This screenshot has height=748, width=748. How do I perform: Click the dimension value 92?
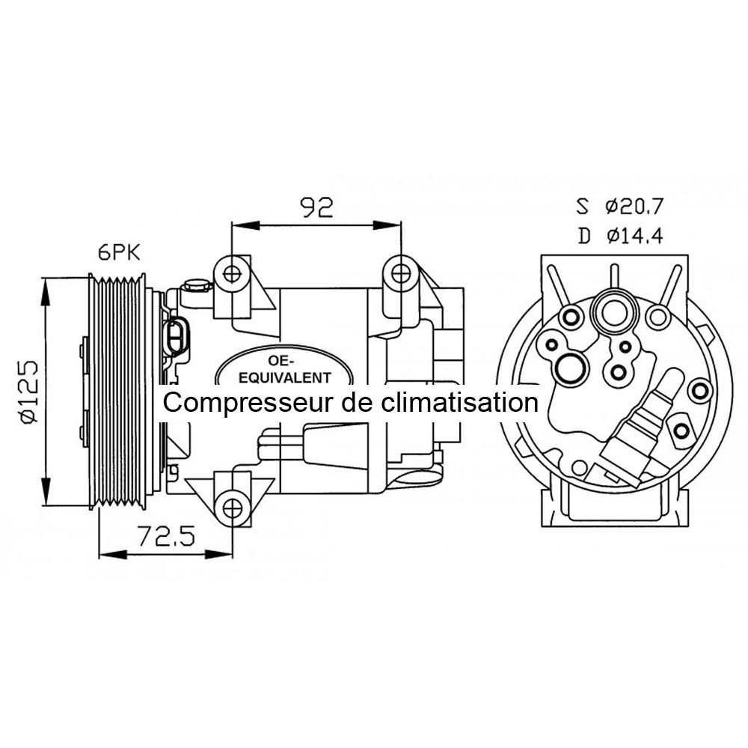pos(316,207)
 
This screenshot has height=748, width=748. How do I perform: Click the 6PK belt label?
pos(120,252)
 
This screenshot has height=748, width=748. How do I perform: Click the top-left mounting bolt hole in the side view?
pos(233,273)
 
